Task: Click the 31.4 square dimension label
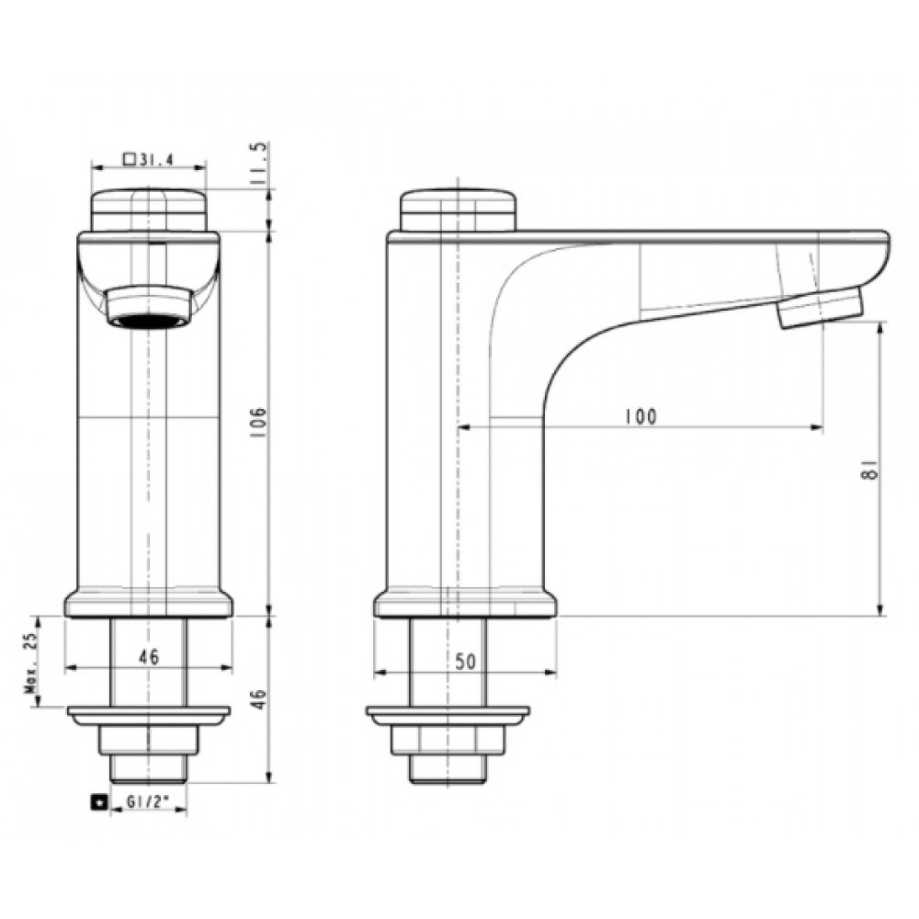tap(152, 158)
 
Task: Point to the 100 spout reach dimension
tap(641, 416)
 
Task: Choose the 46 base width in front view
tap(148, 657)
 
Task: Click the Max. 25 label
tap(30, 664)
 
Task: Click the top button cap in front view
tap(148, 209)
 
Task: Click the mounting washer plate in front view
tap(148, 714)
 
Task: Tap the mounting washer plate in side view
tap(448, 714)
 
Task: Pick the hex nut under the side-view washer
tap(448, 739)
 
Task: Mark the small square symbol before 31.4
tap(129, 158)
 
